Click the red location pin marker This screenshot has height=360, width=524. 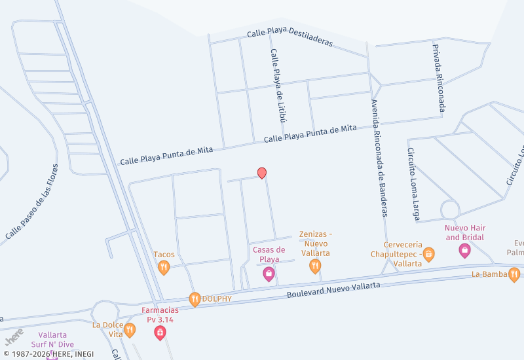click(262, 173)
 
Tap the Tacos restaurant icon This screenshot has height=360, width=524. click(164, 266)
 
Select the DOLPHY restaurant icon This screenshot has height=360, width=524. click(195, 299)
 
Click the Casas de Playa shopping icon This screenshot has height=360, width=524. click(269, 275)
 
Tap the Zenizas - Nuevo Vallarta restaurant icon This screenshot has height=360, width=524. click(315, 266)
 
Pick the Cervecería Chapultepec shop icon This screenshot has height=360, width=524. click(429, 254)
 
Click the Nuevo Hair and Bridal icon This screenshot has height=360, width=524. click(464, 250)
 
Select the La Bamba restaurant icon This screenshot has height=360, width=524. click(514, 274)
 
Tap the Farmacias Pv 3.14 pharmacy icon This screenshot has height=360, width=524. click(160, 333)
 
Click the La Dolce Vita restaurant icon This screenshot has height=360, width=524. click(130, 329)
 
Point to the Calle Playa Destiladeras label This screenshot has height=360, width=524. click(290, 38)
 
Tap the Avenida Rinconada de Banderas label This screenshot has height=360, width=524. click(379, 158)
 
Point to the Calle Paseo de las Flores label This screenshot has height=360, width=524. click(32, 201)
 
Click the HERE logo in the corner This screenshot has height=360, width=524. click(14, 338)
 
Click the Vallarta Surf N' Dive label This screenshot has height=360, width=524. click(52, 339)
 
